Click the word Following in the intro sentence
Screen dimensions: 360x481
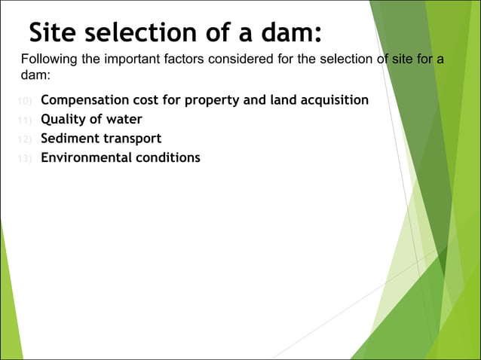tap(48, 59)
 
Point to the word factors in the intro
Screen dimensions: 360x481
tap(192, 59)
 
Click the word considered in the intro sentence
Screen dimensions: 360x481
tap(247, 59)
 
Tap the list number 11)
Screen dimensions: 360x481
tap(25, 120)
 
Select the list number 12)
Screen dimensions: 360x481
tap(25, 139)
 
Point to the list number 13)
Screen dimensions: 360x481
tap(25, 158)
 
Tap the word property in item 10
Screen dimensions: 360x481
tap(216, 99)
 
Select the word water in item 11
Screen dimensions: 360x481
tap(124, 119)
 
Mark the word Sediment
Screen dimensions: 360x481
tap(70, 139)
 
